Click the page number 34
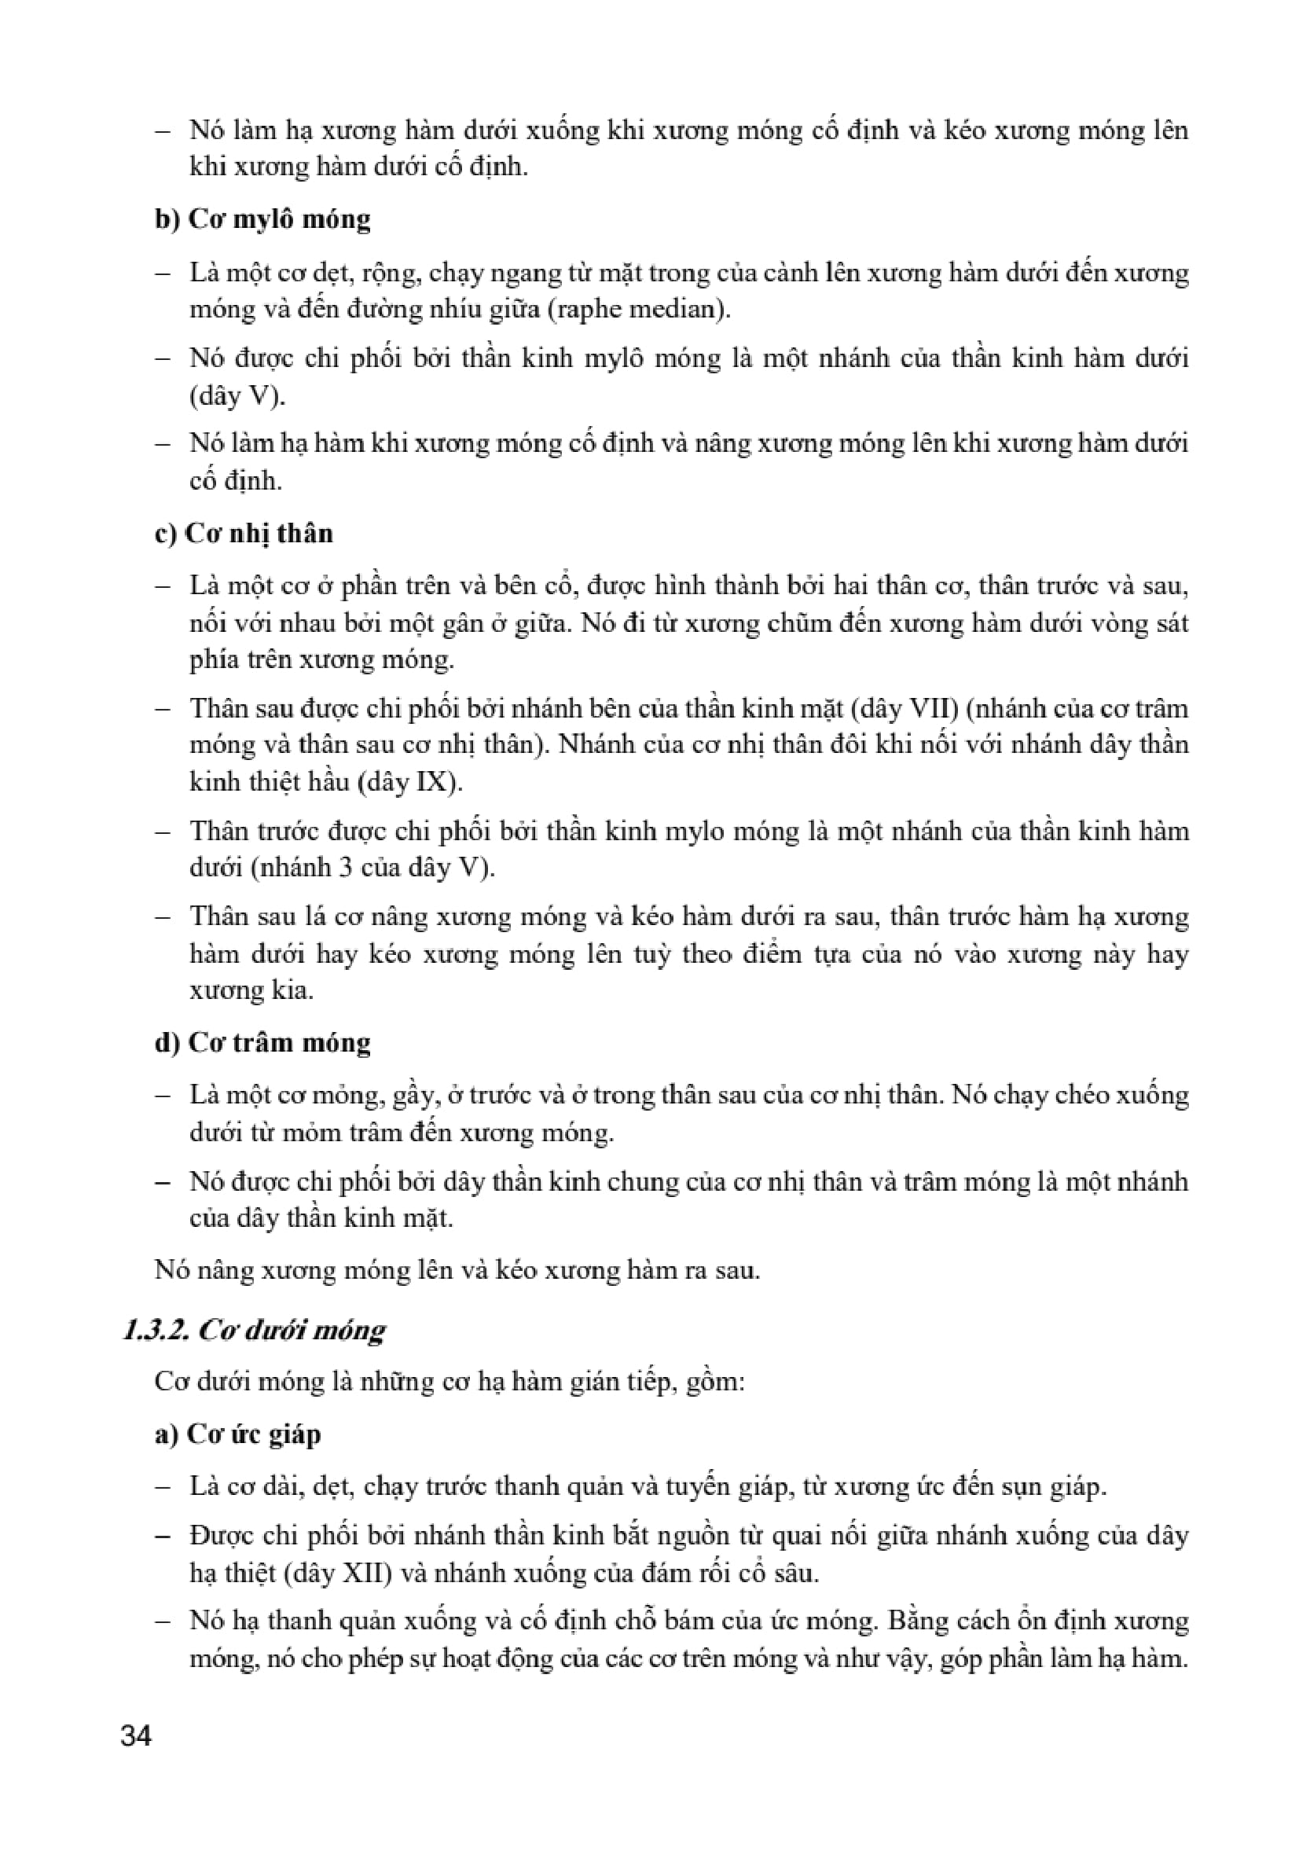[135, 1736]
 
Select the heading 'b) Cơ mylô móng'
[262, 219]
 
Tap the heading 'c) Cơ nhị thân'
[244, 533]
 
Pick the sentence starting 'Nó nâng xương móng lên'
[457, 1270]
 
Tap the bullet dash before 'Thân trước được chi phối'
[163, 832]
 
